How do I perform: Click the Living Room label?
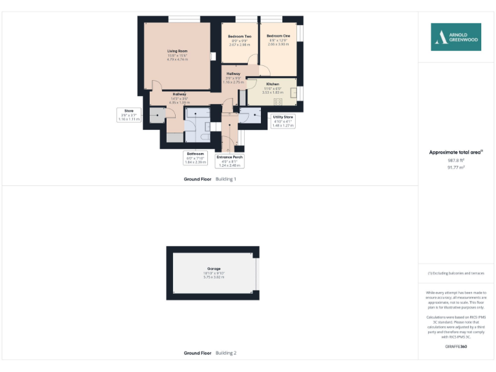(x=177, y=50)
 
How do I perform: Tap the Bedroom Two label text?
(x=240, y=36)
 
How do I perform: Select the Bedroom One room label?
(x=278, y=36)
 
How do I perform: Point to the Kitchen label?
(x=273, y=85)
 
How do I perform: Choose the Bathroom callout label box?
(x=195, y=158)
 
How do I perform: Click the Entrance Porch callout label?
(x=229, y=160)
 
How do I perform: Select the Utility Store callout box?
(x=283, y=121)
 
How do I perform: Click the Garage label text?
(x=213, y=269)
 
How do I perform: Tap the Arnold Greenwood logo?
(x=456, y=37)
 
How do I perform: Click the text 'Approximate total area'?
(x=455, y=152)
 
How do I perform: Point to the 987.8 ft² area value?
(x=456, y=160)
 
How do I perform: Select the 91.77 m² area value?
(x=456, y=167)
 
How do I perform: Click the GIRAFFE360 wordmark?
(x=456, y=347)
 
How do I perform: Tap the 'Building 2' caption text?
(x=225, y=353)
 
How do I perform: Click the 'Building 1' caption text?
(x=225, y=178)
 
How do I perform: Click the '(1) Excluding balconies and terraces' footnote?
(x=456, y=273)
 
